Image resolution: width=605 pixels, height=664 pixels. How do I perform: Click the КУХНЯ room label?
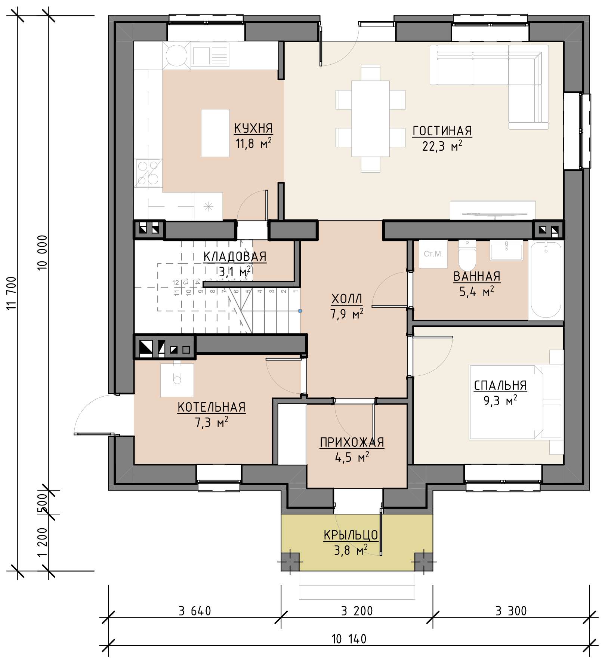pos(253,128)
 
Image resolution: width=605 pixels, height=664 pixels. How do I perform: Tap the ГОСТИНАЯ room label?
pos(442,131)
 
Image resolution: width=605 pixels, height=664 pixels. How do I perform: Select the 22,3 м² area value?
pos(442,145)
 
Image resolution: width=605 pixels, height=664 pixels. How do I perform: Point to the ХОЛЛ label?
pos(347,299)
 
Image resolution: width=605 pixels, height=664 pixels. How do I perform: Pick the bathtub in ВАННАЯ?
pos(546,280)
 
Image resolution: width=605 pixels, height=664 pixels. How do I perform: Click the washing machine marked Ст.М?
pos(433,254)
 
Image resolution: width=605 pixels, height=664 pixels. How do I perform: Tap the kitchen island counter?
pos(215,133)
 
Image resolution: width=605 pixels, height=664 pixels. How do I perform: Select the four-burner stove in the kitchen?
pos(148,173)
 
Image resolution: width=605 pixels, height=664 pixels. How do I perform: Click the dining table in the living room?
pos(370,119)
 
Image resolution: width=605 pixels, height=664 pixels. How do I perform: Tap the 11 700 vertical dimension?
pos(12,293)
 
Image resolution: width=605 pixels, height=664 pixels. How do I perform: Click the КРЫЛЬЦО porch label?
pos(351,535)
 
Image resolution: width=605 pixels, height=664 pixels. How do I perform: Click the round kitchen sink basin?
pos(176,55)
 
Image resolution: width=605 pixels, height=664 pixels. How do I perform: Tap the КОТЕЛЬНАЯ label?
pos(212,407)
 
